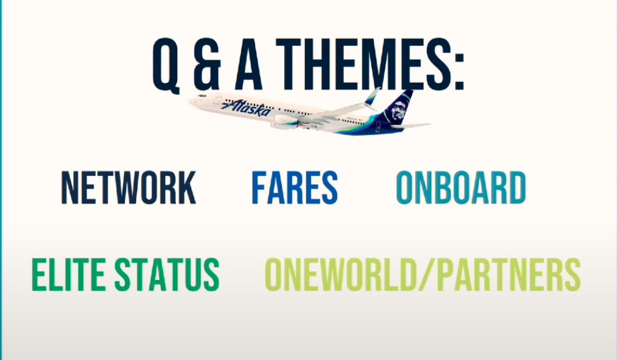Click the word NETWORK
pos(129,187)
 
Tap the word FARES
pos(294,187)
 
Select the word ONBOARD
pos(461,187)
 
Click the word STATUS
pos(167,274)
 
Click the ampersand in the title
pos(206,64)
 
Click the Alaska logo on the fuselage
pos(246,107)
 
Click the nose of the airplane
pos(191,101)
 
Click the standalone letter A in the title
pos(248,64)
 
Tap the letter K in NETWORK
pos(186,187)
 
